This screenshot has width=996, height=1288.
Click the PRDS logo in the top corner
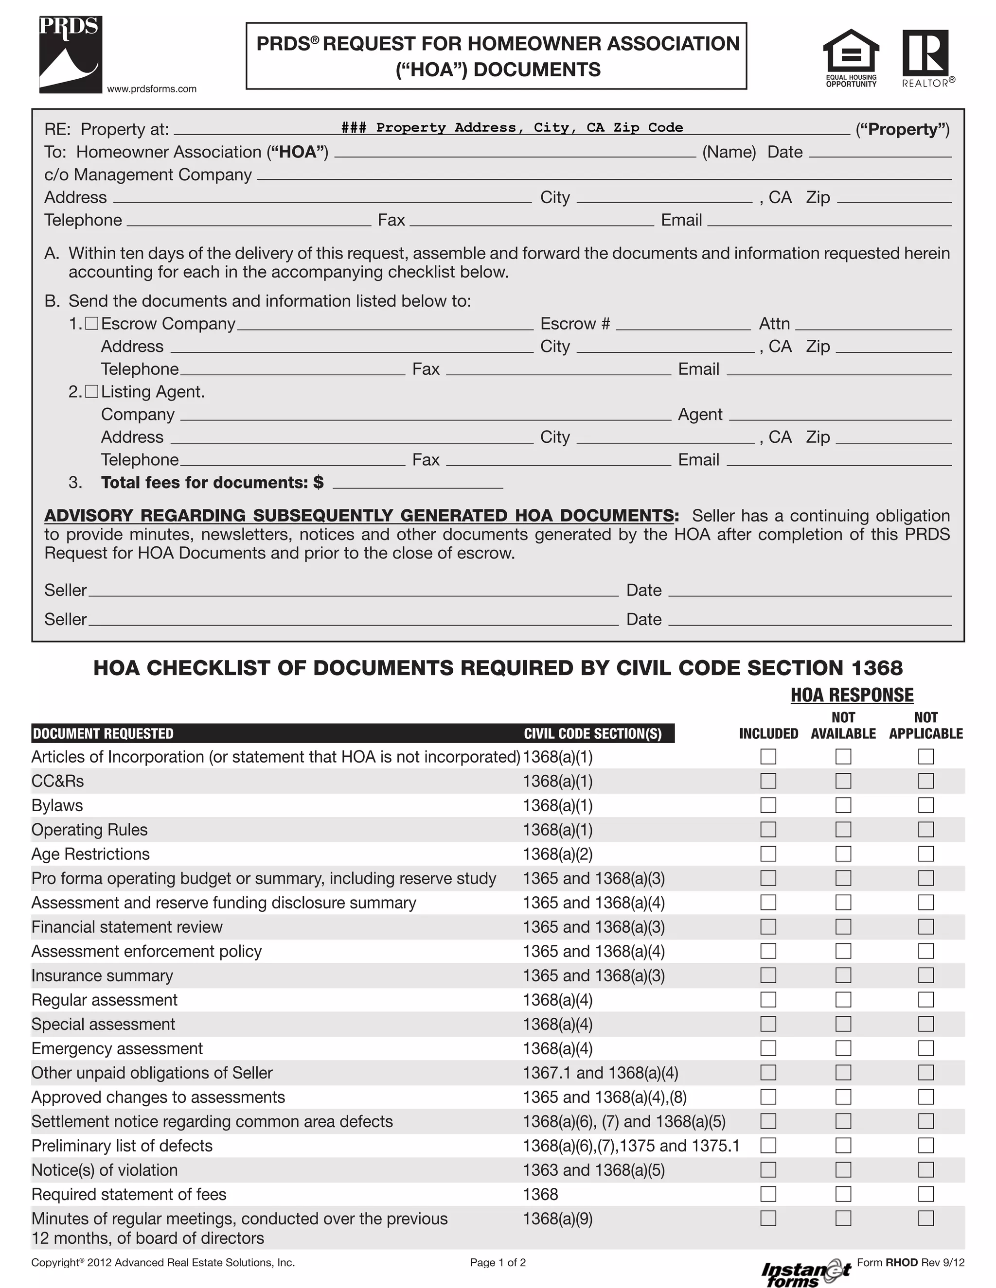(x=70, y=54)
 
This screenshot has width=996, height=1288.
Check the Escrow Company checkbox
(x=91, y=323)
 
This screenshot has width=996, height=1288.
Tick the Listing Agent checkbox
(x=91, y=392)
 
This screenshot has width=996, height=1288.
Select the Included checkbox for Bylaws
(x=767, y=805)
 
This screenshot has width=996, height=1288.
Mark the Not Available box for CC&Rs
(x=843, y=781)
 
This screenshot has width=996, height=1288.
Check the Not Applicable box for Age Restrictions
(x=926, y=854)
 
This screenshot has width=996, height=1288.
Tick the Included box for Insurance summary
(x=767, y=975)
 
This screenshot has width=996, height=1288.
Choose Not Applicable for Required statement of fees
(x=926, y=1194)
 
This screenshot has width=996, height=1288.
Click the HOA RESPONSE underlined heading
(x=852, y=695)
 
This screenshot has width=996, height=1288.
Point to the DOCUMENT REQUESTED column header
(x=103, y=733)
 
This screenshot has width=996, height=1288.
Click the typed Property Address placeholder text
(x=512, y=127)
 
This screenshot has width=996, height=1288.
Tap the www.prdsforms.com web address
(x=152, y=89)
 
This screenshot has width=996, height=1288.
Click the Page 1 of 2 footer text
(x=498, y=1263)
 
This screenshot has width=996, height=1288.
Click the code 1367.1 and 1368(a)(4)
(x=600, y=1073)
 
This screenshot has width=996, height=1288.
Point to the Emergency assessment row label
(x=117, y=1048)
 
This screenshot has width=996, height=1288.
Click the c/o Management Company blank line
(x=604, y=176)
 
